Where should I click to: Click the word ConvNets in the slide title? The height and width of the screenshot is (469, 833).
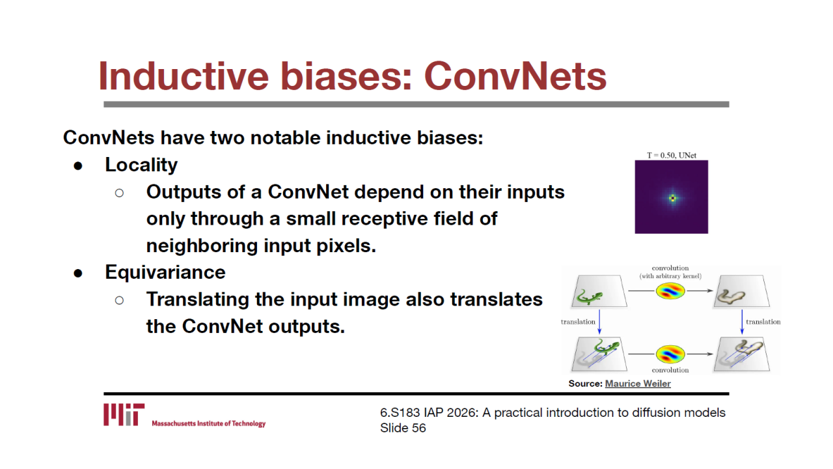(x=515, y=76)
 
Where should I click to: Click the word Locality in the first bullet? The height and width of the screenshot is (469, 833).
(x=141, y=165)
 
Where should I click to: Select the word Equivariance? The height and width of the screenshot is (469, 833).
(x=165, y=272)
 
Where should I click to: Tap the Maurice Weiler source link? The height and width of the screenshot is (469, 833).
(x=638, y=384)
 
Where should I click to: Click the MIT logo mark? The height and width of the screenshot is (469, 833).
(x=124, y=414)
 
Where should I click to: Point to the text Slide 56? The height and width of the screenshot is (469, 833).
(x=403, y=428)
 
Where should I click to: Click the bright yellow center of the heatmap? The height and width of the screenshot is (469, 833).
(x=672, y=199)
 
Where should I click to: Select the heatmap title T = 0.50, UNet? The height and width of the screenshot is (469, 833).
(x=671, y=155)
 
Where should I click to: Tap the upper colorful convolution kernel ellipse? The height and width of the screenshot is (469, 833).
(x=670, y=291)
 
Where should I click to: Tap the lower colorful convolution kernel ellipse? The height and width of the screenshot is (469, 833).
(x=670, y=354)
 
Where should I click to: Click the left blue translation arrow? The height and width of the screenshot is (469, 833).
(x=599, y=322)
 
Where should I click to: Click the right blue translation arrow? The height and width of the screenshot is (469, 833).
(x=742, y=322)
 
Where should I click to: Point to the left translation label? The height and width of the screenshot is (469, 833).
(x=578, y=322)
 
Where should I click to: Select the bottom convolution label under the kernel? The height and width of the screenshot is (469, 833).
(x=670, y=370)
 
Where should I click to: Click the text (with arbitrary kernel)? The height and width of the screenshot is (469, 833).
(x=670, y=276)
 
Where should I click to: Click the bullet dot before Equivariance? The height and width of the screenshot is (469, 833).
(x=78, y=274)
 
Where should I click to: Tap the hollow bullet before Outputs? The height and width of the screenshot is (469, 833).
(x=119, y=193)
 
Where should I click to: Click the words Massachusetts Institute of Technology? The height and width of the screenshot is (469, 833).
(x=209, y=423)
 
